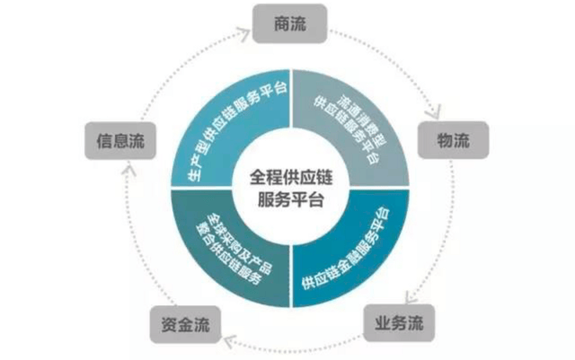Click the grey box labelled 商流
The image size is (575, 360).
pos(289,24)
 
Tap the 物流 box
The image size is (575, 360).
pos(453,140)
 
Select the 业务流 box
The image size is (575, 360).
pos(399,323)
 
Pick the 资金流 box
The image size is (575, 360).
pos(185,324)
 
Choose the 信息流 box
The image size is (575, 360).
pos(120,141)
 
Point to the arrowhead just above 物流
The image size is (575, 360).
pos(435,112)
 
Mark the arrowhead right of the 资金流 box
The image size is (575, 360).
pos(230,341)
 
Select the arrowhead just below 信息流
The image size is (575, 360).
pos(128,170)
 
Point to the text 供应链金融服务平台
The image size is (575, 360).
pos(347,250)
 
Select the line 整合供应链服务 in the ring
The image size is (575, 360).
pos(228,254)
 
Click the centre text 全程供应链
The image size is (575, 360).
pos(291,178)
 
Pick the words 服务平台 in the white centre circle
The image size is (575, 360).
pos(291,199)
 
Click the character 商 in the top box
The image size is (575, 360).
pos(282,24)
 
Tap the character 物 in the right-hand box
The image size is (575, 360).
pos(446,140)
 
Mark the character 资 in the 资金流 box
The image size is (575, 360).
pos(170,324)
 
